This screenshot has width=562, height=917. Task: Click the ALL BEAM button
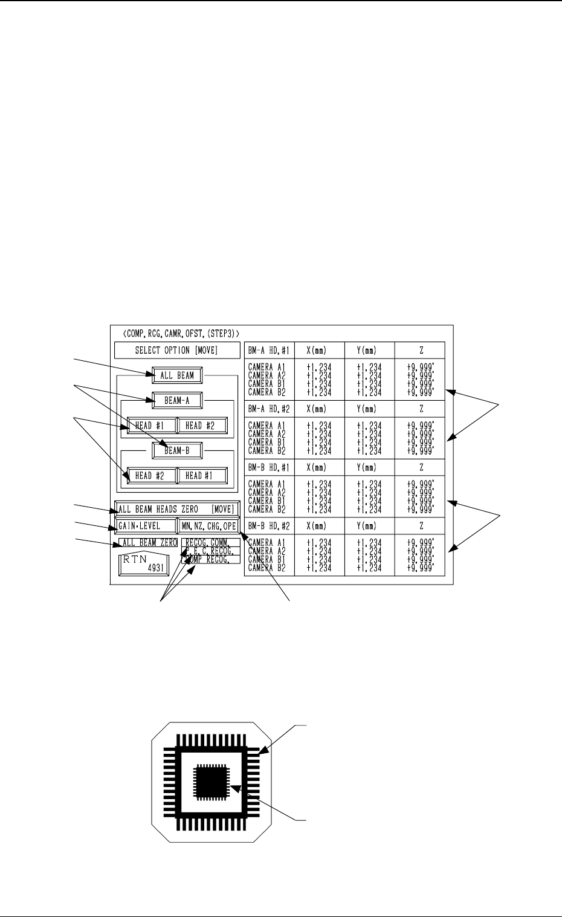177,375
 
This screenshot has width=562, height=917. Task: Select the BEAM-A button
177,400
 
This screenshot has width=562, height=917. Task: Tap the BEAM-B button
177,450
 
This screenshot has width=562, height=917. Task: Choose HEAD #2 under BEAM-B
151,476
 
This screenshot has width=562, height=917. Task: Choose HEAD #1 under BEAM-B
202,476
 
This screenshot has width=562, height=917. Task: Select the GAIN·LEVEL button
145,526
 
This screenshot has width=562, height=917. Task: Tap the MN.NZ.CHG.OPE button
208,526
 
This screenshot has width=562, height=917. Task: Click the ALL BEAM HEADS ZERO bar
177,509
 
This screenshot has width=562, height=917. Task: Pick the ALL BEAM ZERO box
148,543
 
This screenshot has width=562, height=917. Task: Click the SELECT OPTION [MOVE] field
176,351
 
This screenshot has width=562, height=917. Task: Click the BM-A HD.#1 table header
269,351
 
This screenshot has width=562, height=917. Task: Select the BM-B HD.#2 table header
269,526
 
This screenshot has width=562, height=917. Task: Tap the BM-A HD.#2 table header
269,409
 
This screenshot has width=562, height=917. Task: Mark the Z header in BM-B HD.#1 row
419,467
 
